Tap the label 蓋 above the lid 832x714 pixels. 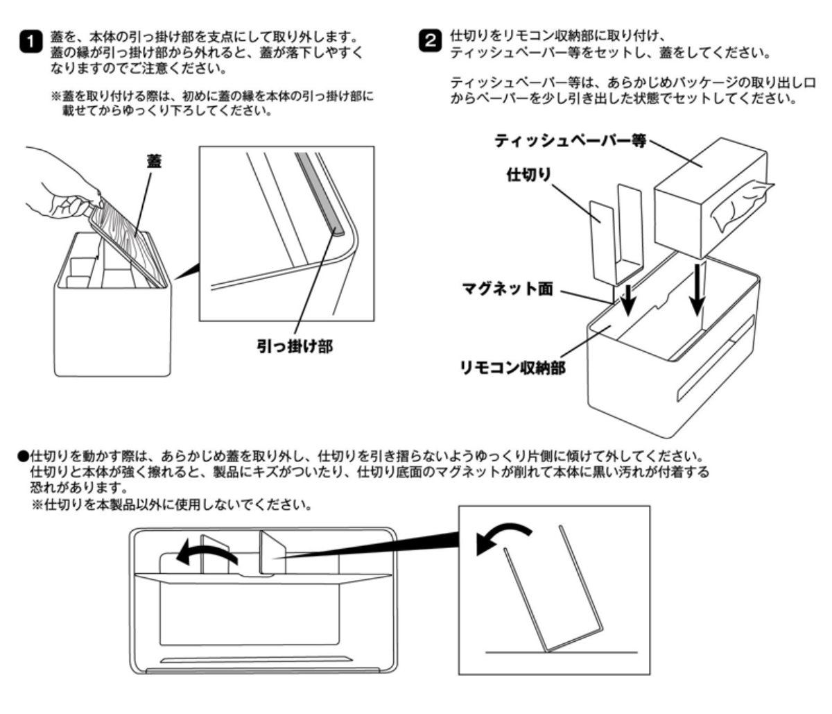pyautogui.click(x=153, y=162)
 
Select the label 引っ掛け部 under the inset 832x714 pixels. pyautogui.click(x=291, y=345)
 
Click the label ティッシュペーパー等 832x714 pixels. pyautogui.click(x=570, y=141)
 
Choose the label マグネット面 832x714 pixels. pyautogui.click(x=508, y=289)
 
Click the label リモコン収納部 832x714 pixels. pyautogui.click(x=512, y=367)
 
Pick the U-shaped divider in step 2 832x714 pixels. pyautogui.click(x=617, y=236)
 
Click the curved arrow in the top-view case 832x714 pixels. pyautogui.click(x=205, y=552)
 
